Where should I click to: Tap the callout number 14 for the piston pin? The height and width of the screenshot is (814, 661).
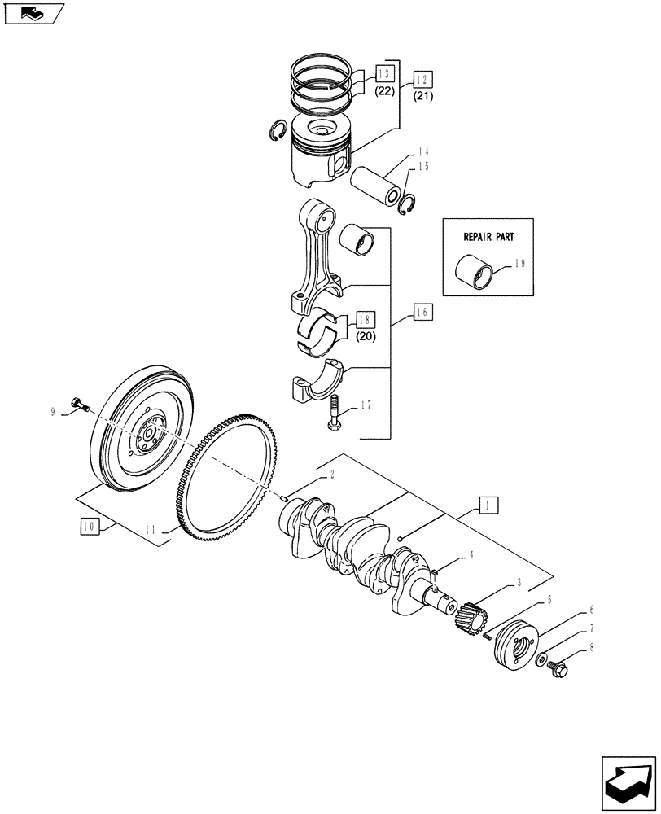(x=424, y=151)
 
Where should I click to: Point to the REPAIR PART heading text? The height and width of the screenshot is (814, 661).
(x=487, y=237)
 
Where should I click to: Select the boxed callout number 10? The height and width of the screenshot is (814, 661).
(x=89, y=527)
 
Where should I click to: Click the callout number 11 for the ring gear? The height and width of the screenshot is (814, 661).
(x=152, y=531)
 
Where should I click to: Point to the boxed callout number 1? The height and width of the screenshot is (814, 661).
(x=487, y=505)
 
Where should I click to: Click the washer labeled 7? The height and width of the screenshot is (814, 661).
(x=542, y=658)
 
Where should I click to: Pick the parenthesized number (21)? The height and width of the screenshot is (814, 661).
(x=424, y=96)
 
